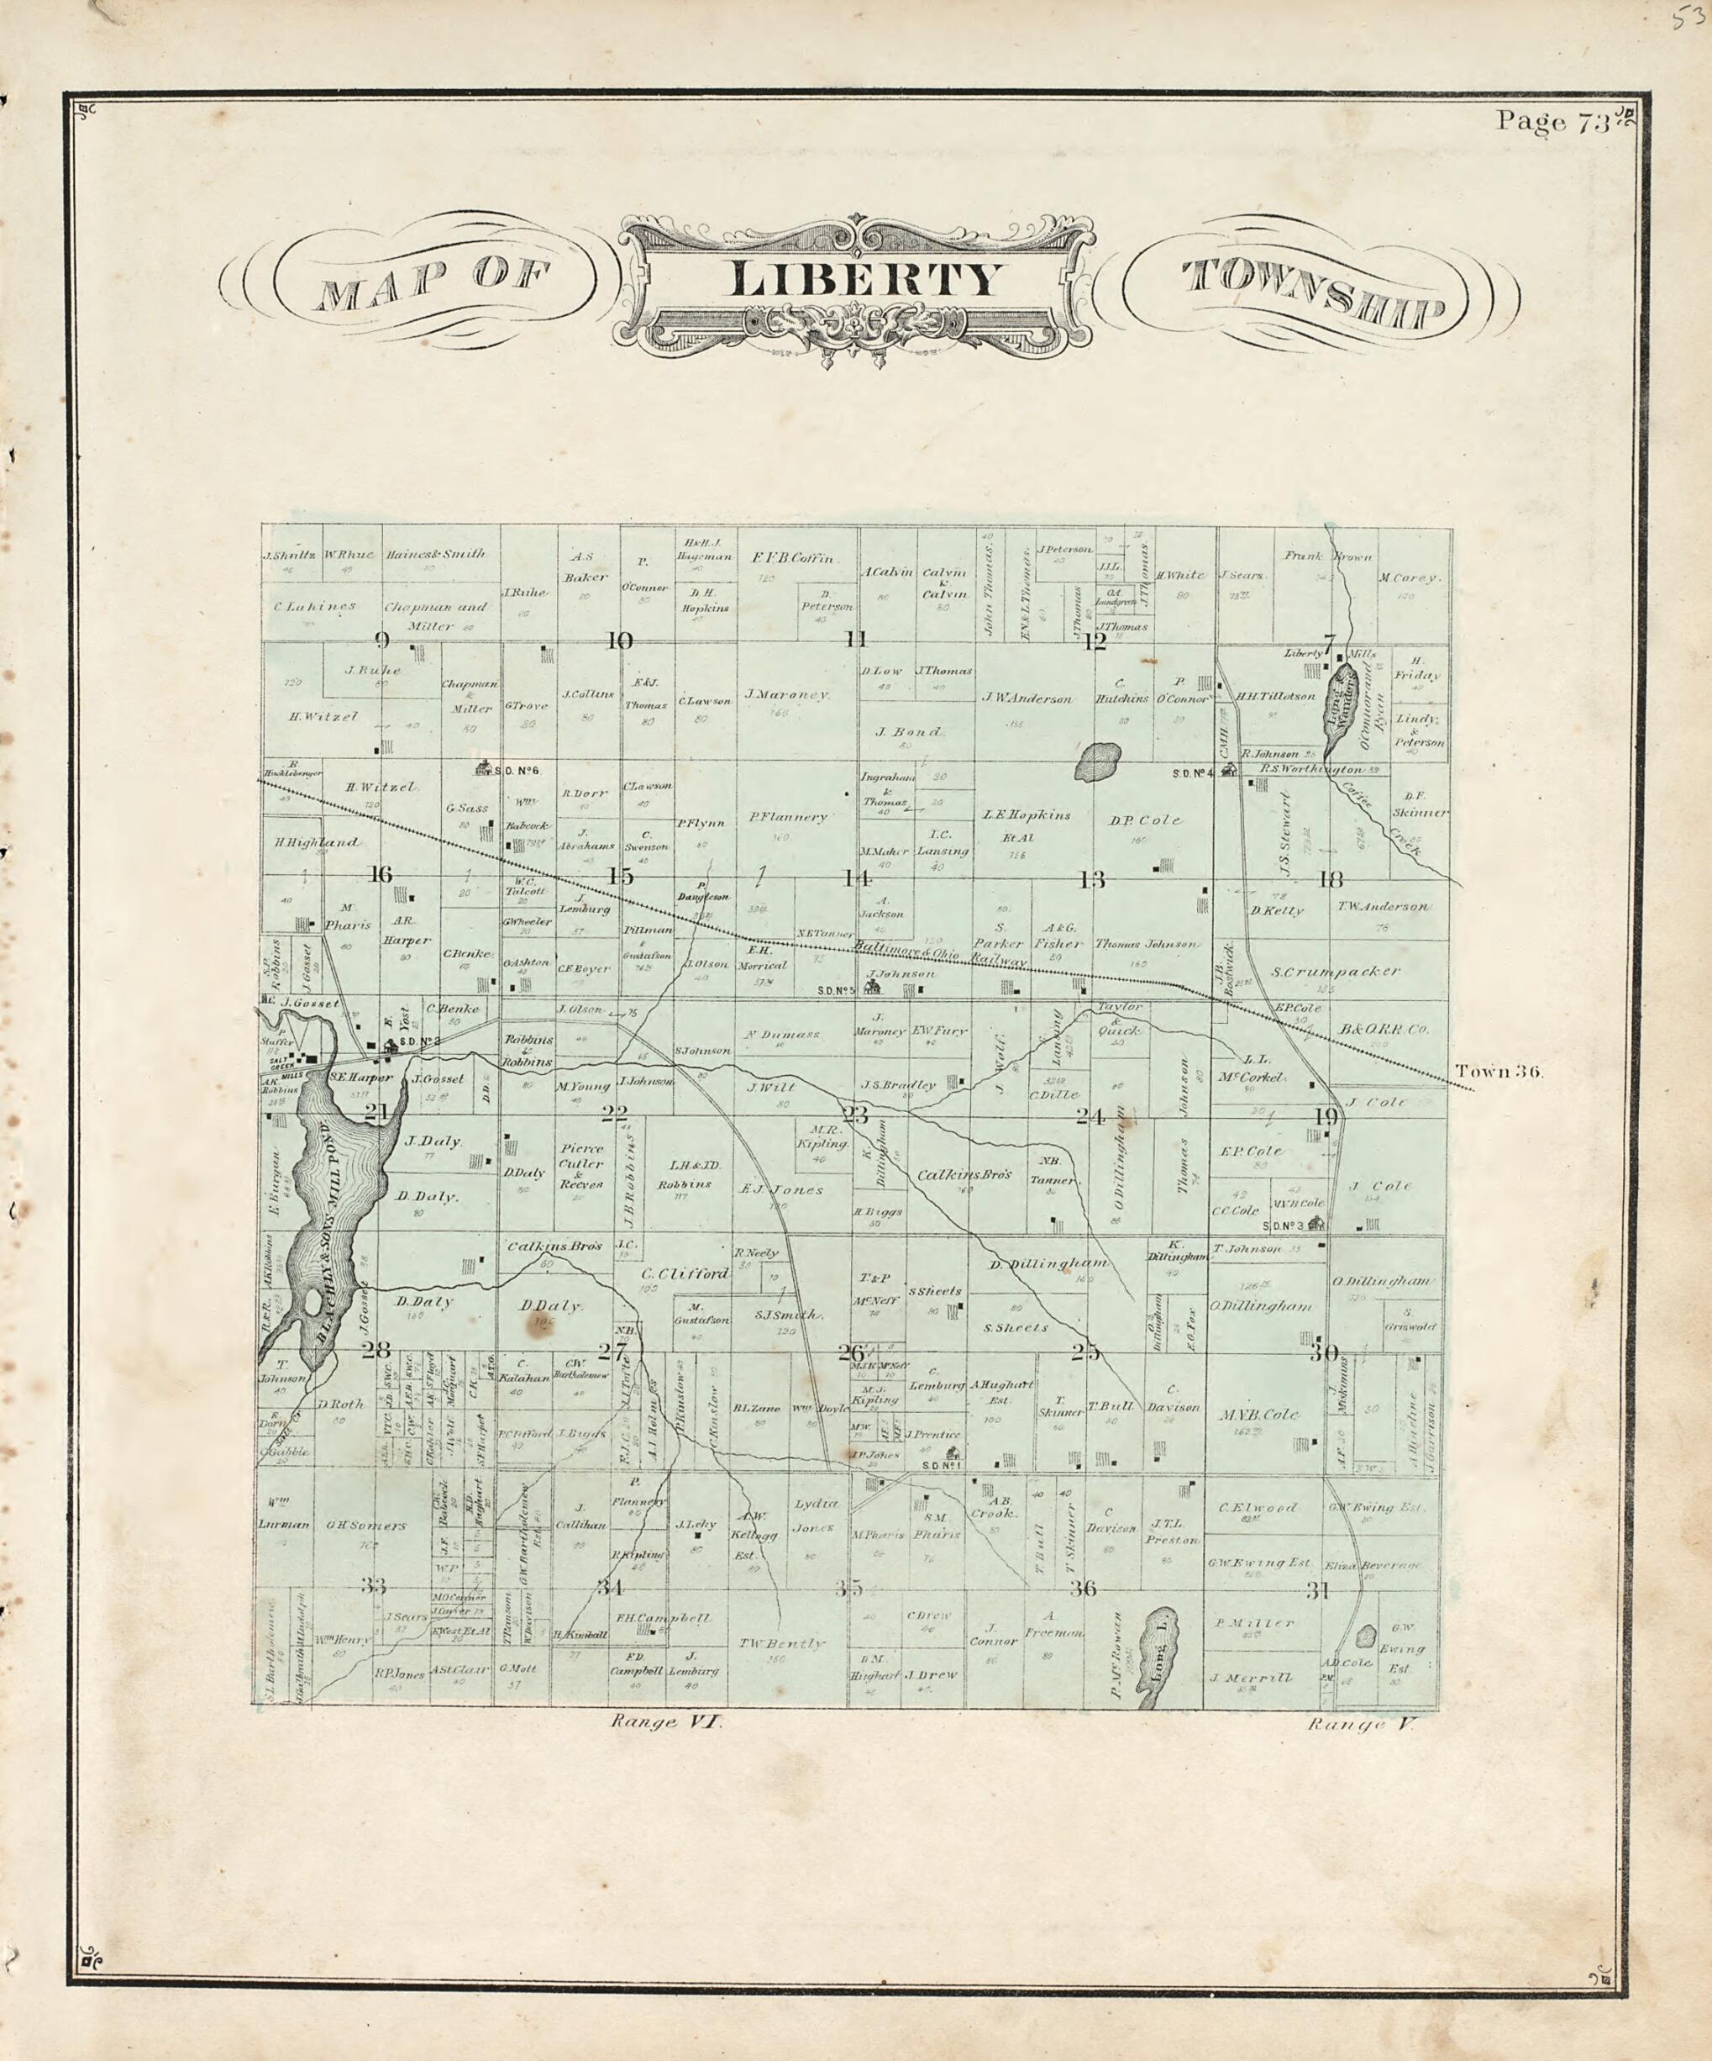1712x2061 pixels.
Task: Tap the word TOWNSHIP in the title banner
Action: (1316, 291)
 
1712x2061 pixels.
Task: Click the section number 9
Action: (381, 642)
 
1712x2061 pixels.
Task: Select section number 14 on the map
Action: (857, 878)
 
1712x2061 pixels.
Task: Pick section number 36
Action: (1083, 1588)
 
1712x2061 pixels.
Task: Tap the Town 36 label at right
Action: (1499, 1071)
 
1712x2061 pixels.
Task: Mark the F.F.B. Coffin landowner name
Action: (793, 558)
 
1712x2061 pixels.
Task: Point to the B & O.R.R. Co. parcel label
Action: (1384, 1030)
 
